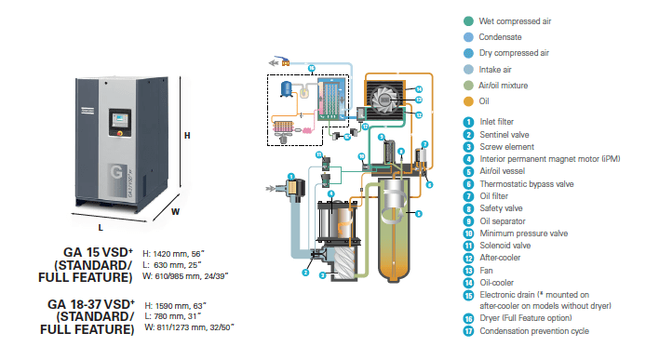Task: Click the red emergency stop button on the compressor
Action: point(120,133)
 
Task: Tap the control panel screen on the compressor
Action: point(120,119)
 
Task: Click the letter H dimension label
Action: point(187,136)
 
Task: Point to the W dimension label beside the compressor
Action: point(176,212)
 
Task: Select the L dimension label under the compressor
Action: point(101,227)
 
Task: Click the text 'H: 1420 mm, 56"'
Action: point(173,254)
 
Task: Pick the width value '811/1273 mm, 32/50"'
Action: point(195,327)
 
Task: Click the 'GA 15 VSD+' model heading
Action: point(98,252)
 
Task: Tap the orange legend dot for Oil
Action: point(468,101)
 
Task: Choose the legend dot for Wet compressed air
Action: point(468,21)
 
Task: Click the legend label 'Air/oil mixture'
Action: point(503,86)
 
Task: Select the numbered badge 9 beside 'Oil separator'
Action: point(468,221)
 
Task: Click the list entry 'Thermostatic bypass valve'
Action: point(527,184)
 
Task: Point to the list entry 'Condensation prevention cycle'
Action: point(534,331)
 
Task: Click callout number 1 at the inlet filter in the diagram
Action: point(291,177)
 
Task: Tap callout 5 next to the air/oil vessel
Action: point(419,214)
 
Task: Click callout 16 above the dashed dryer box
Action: point(312,69)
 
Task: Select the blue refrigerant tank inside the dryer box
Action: point(286,88)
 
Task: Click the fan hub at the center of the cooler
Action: point(384,100)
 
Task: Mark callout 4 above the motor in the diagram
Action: point(330,193)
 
